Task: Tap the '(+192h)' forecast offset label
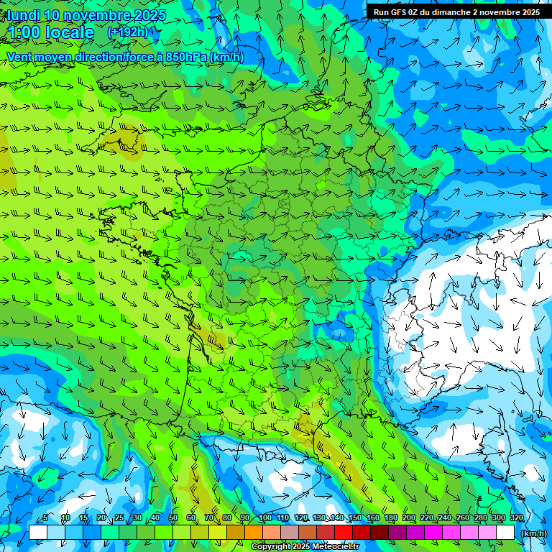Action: coord(127,32)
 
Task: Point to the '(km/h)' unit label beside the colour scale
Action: coord(533,533)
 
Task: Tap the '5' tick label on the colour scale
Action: coord(46,518)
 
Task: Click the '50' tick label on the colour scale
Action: coord(173,518)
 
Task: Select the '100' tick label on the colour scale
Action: coord(264,518)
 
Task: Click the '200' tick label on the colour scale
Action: coord(409,518)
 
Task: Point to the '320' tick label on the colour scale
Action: coord(516,518)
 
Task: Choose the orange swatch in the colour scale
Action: coord(254,533)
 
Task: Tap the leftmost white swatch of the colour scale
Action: coord(38,533)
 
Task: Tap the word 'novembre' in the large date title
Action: coord(98,15)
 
